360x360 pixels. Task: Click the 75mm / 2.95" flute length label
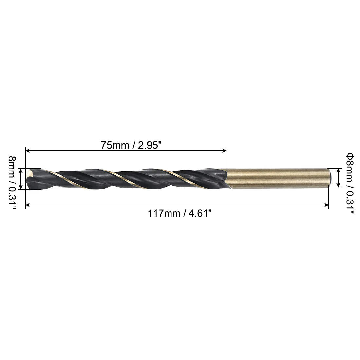pyautogui.click(x=131, y=145)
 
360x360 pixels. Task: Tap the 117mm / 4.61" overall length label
pyautogui.click(x=180, y=213)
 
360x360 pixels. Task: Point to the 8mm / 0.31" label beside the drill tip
pyautogui.click(x=12, y=183)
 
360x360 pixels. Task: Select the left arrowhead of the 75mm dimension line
pyautogui.click(x=28, y=151)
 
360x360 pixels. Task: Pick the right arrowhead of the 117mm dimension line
pyautogui.click(x=326, y=205)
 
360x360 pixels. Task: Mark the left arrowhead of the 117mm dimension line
pyautogui.click(x=28, y=205)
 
